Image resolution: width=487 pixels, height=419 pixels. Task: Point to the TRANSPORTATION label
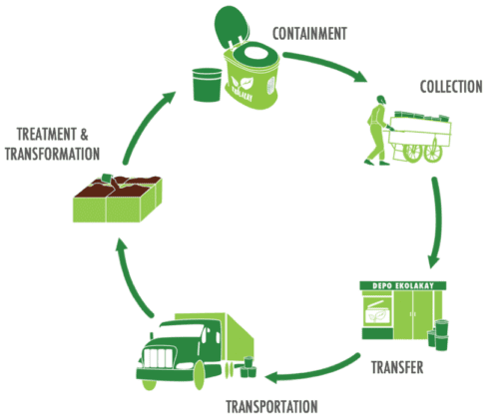[x=271, y=406]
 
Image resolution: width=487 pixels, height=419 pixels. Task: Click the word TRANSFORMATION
[x=52, y=154]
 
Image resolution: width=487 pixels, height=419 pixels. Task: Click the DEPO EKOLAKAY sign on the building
[x=392, y=288]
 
